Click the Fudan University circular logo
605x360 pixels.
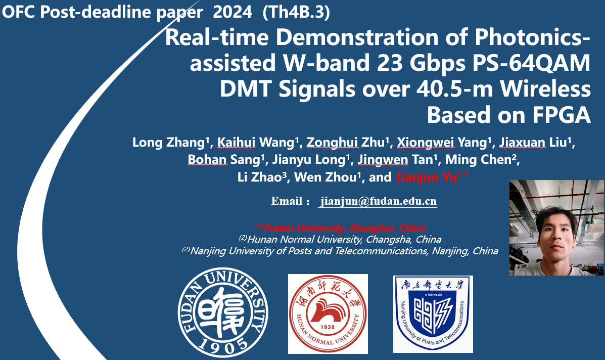[223, 312]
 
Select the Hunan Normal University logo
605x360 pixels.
[328, 313]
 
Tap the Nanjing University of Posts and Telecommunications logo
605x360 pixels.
[433, 313]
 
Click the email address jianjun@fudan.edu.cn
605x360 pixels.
[378, 201]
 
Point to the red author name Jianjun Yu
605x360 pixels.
[428, 177]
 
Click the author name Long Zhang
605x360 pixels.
[168, 143]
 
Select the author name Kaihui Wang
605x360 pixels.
[256, 143]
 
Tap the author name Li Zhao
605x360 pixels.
[259, 177]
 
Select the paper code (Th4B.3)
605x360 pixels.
[296, 12]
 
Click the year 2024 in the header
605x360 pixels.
[232, 12]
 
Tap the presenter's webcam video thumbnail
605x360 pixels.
[557, 228]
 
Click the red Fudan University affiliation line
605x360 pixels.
[340, 228]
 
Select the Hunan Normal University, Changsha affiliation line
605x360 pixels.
[340, 239]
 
